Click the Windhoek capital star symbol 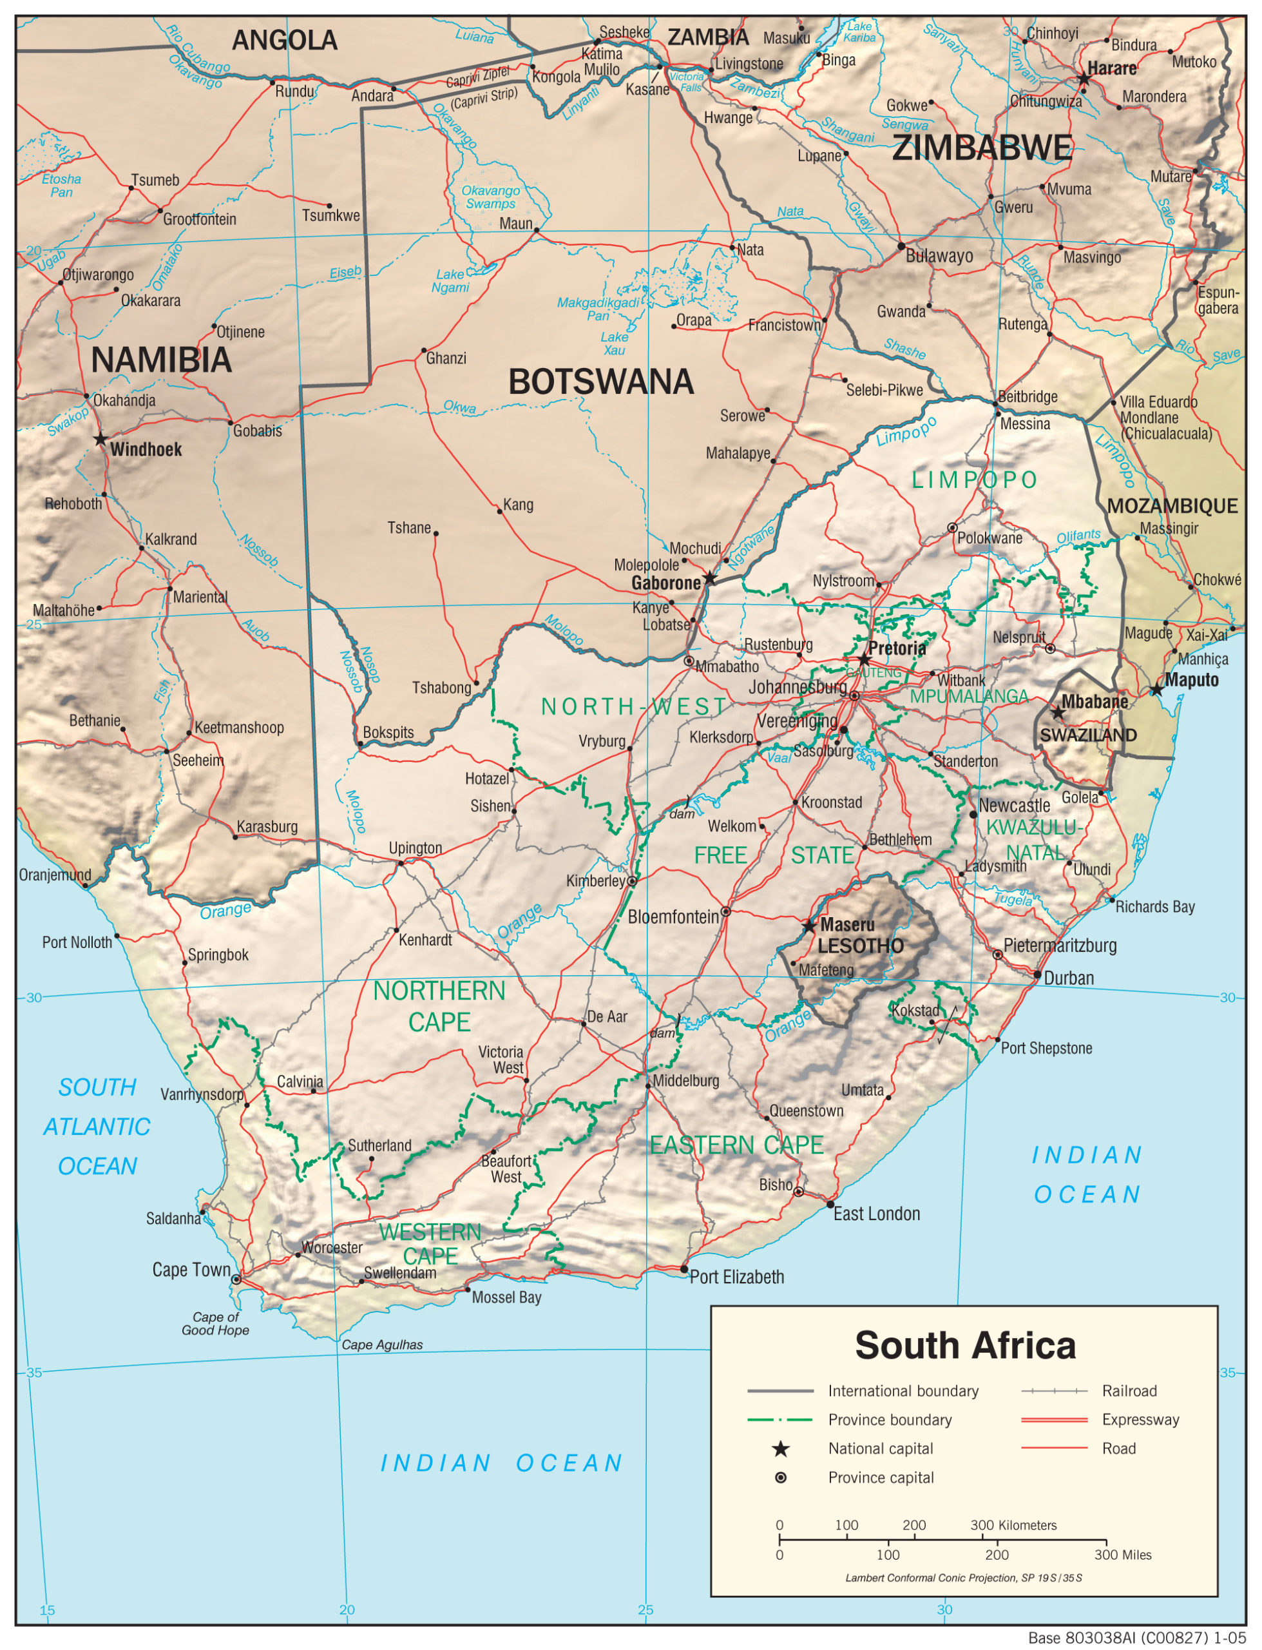100,439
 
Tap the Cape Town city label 191,1269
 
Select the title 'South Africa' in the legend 964,1345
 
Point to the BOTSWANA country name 600,382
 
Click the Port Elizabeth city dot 684,1269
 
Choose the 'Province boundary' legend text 890,1419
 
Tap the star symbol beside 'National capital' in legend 781,1449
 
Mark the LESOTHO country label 861,946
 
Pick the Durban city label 1068,978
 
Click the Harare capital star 1083,79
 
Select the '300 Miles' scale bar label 1122,1555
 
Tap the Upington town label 415,848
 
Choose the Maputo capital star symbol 1157,689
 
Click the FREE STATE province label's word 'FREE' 720,855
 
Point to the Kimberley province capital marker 633,880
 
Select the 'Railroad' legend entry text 1129,1391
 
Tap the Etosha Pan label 61,186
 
